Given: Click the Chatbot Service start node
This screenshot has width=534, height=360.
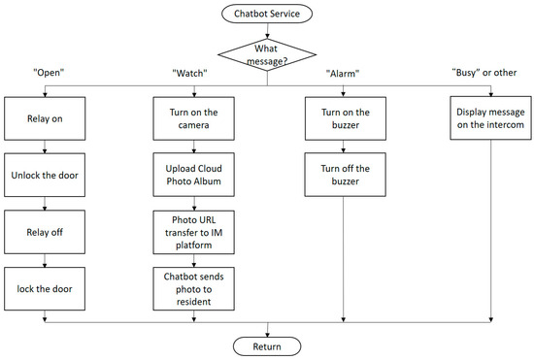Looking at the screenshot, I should [x=267, y=14].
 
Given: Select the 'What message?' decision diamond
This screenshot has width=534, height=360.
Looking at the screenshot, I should [x=267, y=52].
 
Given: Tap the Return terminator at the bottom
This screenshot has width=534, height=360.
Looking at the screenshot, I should [x=267, y=344].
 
